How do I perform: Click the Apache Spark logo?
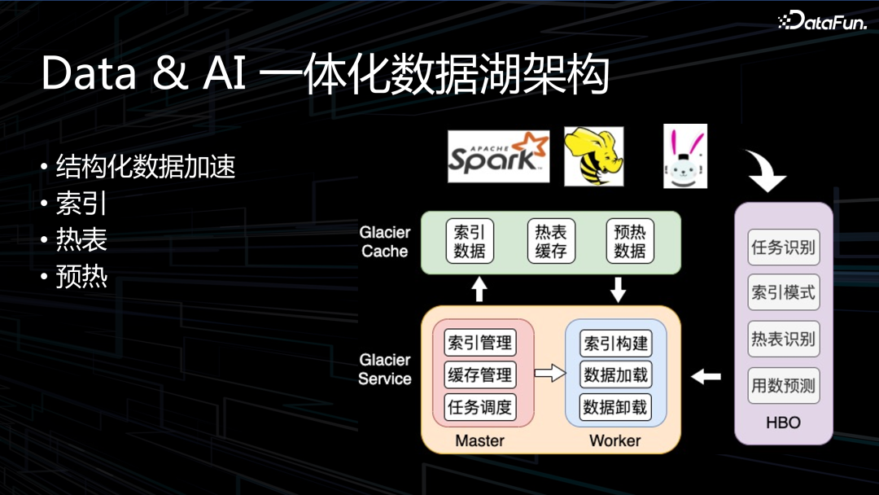coord(499,156)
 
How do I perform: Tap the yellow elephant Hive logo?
coord(593,156)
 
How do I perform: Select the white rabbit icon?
coord(684,156)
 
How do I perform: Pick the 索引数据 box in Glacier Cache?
coord(470,241)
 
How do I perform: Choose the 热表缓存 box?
coord(551,241)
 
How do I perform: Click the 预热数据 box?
coord(630,241)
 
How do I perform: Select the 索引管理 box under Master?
coord(480,343)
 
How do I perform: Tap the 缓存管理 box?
coord(480,375)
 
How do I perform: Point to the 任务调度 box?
coord(480,406)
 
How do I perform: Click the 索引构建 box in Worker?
coord(616,343)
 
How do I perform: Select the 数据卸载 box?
coord(616,406)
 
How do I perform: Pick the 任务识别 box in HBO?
coord(783,247)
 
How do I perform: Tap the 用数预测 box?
coord(783,385)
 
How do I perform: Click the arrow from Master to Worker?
coord(549,375)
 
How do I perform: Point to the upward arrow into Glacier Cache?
coord(479,289)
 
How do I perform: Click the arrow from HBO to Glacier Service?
coord(706,376)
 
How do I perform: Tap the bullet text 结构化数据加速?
coord(146,167)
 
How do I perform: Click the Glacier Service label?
coord(385,369)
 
